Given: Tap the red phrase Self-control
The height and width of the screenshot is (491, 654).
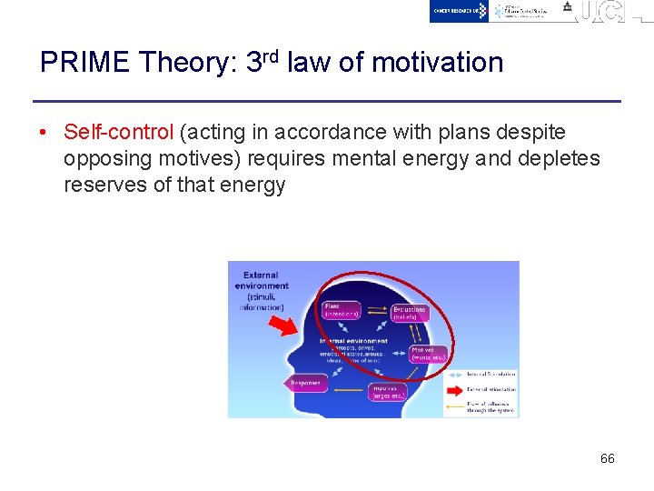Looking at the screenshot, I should pyautogui.click(x=118, y=133).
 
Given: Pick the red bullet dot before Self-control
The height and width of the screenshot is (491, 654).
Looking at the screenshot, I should pyautogui.click(x=45, y=133).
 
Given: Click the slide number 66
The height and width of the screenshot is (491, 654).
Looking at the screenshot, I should pyautogui.click(x=607, y=458).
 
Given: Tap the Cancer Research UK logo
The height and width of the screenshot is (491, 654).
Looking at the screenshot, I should pyautogui.click(x=460, y=11).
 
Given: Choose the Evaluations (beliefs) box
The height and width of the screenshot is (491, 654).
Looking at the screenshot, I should pyautogui.click(x=410, y=313).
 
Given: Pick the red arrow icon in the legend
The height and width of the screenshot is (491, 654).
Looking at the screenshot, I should pyautogui.click(x=454, y=389).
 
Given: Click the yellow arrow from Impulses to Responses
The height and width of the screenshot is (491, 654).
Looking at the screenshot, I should pyautogui.click(x=346, y=386).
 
